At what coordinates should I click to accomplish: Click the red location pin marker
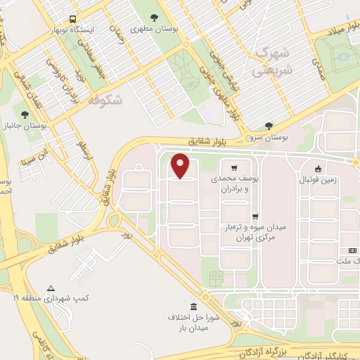click(181, 165)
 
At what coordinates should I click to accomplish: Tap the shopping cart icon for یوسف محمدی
click(233, 168)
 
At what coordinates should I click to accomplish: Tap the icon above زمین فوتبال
click(319, 168)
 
